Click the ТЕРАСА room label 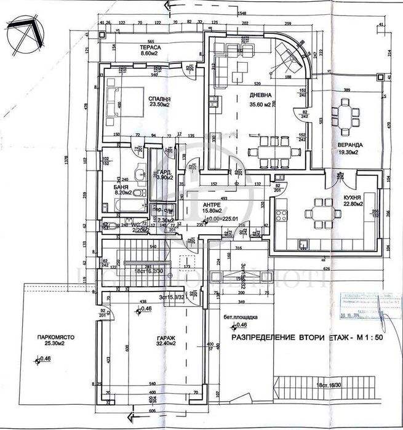[x=151, y=47]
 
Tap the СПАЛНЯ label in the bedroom [x=159, y=98]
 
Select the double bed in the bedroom [x=119, y=101]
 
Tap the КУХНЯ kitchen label [x=351, y=197]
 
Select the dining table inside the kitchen [x=321, y=211]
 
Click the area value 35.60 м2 [x=261, y=104]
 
